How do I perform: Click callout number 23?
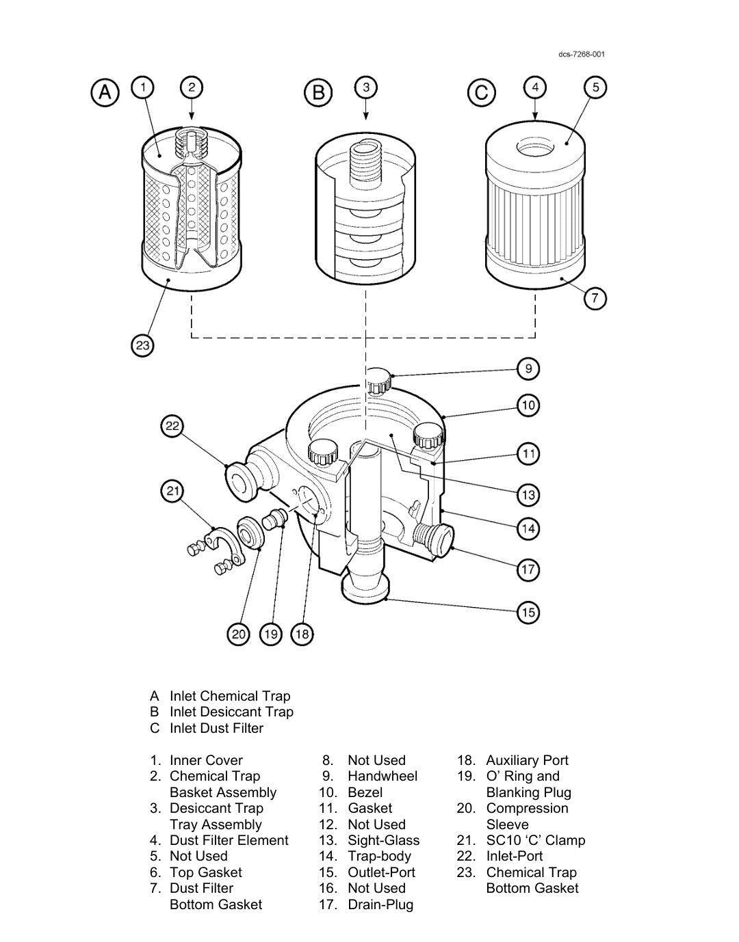142,346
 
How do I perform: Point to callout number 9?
528,369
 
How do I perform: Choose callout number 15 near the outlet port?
528,612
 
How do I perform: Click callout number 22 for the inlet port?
172,427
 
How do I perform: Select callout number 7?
595,298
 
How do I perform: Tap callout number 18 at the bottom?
302,634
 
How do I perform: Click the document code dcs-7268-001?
581,55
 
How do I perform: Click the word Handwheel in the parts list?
382,776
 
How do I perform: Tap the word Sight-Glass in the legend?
383,840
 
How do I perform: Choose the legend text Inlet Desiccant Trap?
231,712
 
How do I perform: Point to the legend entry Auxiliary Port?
527,760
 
